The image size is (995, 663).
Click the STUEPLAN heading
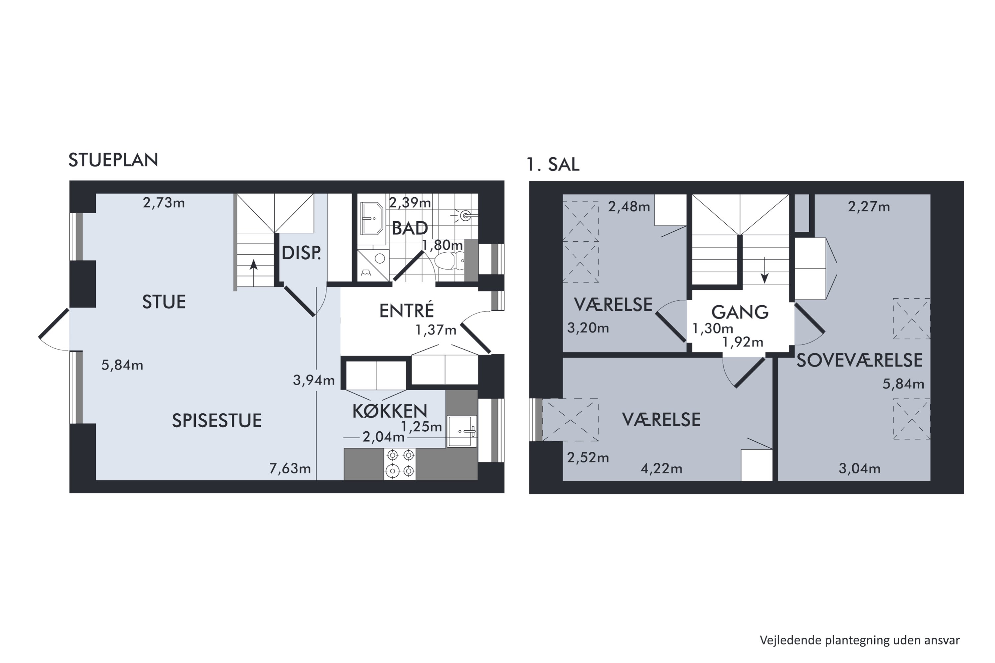point(113,160)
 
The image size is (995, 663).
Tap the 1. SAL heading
point(553,164)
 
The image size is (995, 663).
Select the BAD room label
point(410,228)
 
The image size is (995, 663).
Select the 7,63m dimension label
point(290,468)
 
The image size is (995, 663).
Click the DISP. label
point(301,253)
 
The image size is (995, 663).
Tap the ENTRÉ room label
point(406,311)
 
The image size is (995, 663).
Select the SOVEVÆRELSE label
point(859,360)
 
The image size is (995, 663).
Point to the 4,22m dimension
point(661,468)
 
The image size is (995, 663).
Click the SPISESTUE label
point(217,420)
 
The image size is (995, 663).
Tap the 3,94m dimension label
point(313,380)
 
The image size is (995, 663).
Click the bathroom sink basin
point(371,218)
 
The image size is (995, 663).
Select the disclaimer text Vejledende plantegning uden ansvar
point(860,640)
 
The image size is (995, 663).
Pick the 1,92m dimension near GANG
point(743,342)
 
